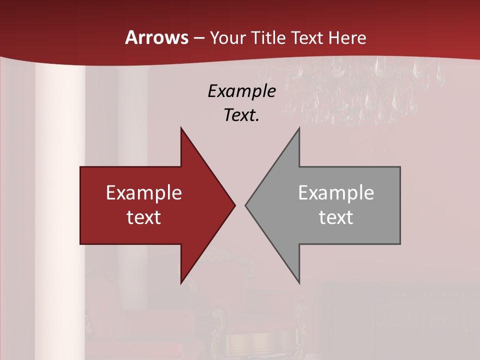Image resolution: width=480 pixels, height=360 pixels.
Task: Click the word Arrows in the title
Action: coord(156,38)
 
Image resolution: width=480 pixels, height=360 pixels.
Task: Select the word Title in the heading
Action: coord(267,38)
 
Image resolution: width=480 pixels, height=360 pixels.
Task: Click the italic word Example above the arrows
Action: coord(241,91)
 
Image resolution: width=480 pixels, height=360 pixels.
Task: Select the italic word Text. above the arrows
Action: coord(241,115)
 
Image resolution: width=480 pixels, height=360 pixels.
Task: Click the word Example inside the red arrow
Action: coord(144,193)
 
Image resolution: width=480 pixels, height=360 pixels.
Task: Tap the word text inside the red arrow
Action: coord(144,217)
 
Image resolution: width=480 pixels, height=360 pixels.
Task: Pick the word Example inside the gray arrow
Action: coord(336,193)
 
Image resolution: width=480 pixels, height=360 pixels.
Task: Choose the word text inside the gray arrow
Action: coord(336,217)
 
